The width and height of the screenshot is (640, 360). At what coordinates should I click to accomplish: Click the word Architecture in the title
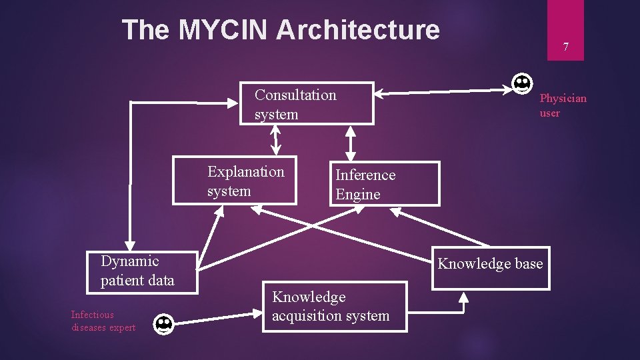358,30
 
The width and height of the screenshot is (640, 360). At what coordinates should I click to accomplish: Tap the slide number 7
565,47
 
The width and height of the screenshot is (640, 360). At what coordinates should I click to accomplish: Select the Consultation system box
307,104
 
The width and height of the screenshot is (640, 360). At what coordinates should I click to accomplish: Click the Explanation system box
235,181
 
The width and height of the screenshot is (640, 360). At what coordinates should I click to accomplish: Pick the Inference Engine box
385,184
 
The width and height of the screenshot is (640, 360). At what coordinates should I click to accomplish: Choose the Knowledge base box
491,268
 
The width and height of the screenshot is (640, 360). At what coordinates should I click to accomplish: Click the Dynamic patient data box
142,271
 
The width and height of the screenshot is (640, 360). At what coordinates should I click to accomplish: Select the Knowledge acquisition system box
334,307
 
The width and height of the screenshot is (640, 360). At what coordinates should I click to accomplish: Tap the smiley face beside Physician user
522,84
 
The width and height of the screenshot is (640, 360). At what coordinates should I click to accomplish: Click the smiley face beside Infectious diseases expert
163,325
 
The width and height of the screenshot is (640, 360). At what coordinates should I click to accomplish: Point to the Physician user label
563,105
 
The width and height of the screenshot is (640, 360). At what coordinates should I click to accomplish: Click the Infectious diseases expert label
103,321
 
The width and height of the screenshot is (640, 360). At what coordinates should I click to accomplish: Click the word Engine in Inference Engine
358,195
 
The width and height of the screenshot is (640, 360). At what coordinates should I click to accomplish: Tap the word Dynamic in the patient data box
129,261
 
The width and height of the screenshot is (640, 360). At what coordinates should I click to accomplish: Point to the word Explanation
245,172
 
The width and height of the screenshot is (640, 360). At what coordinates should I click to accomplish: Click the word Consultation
295,95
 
